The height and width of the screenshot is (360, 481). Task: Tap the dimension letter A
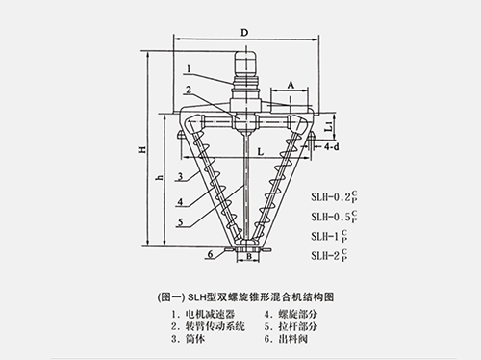[289, 85]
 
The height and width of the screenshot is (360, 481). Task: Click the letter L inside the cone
[260, 154]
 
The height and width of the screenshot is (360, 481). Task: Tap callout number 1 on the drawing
[190, 68]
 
